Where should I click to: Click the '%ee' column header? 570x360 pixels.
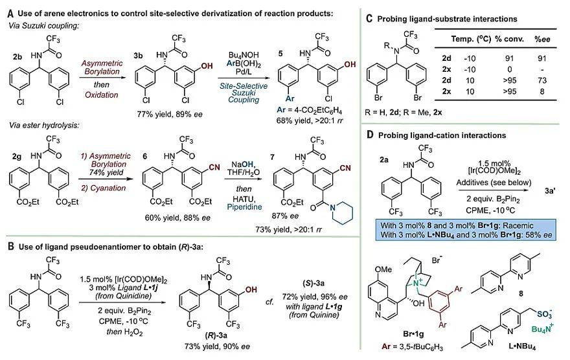(543, 30)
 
